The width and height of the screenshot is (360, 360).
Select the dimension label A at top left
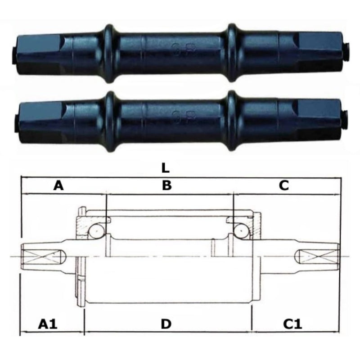(58, 185)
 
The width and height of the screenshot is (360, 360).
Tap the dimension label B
(167, 185)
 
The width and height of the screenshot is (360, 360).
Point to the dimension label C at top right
(283, 185)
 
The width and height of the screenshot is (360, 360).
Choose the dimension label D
(166, 323)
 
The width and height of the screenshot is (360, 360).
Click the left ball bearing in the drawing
(96, 231)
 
